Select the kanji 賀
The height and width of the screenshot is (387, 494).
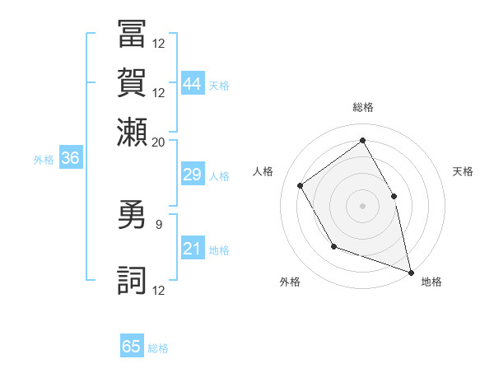[133, 83]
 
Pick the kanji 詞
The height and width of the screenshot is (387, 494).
[133, 279]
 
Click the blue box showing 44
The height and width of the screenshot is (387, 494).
[193, 83]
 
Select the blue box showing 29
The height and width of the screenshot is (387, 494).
[193, 175]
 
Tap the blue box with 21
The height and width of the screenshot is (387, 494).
[193, 249]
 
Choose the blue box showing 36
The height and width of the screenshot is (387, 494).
[70, 159]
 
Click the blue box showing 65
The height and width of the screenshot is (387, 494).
[132, 347]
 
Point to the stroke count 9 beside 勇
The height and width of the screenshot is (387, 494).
[158, 222]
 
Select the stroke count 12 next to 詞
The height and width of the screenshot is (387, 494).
[159, 290]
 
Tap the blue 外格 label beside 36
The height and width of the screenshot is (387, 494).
[44, 160]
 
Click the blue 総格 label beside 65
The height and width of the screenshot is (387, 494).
[158, 348]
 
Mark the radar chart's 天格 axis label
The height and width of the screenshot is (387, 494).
[464, 171]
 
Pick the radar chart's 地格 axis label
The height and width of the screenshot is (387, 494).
[431, 282]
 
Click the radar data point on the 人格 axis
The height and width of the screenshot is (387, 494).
[301, 185]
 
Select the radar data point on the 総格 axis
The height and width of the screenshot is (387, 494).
[362, 140]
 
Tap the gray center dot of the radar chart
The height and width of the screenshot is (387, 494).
[362, 205]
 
